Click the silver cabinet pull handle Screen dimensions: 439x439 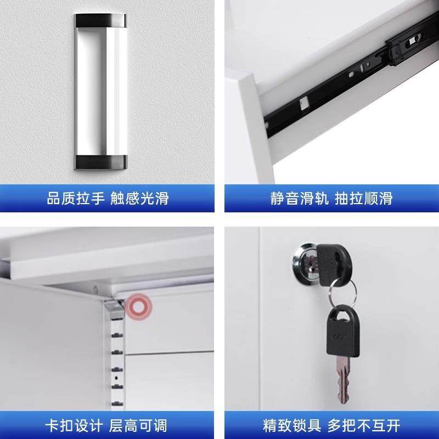tap(101, 91)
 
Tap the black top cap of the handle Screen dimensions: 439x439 tap(101, 20)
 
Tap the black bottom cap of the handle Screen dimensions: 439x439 tap(101, 161)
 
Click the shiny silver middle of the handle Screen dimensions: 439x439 tap(101, 91)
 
